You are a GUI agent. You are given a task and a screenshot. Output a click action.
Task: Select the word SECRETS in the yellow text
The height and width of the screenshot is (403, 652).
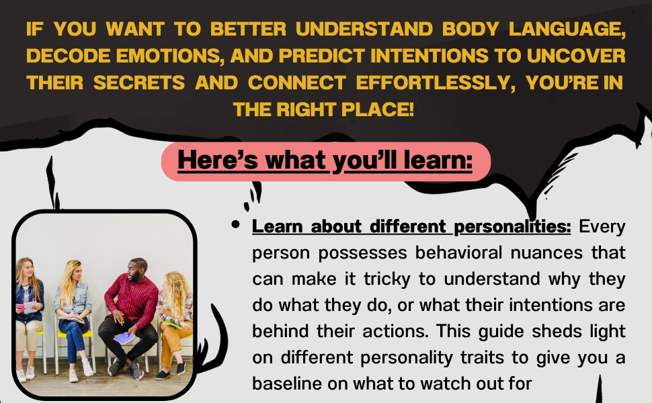tap(140, 82)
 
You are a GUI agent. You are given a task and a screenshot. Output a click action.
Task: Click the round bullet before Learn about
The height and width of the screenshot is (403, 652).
tap(235, 226)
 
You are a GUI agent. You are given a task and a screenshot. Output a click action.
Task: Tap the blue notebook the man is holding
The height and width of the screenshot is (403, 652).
tap(124, 338)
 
